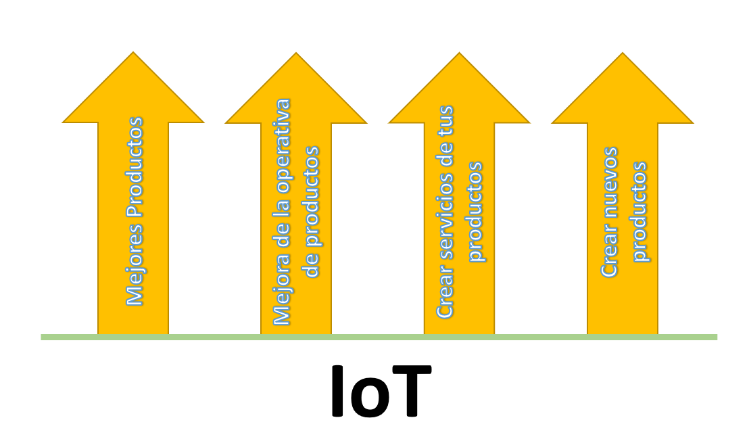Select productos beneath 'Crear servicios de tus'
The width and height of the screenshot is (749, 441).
(475, 212)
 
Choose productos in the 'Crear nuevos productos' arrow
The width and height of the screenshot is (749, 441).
(639, 212)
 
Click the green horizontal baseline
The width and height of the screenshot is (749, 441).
(379, 337)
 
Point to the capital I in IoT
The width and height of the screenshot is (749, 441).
(337, 392)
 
